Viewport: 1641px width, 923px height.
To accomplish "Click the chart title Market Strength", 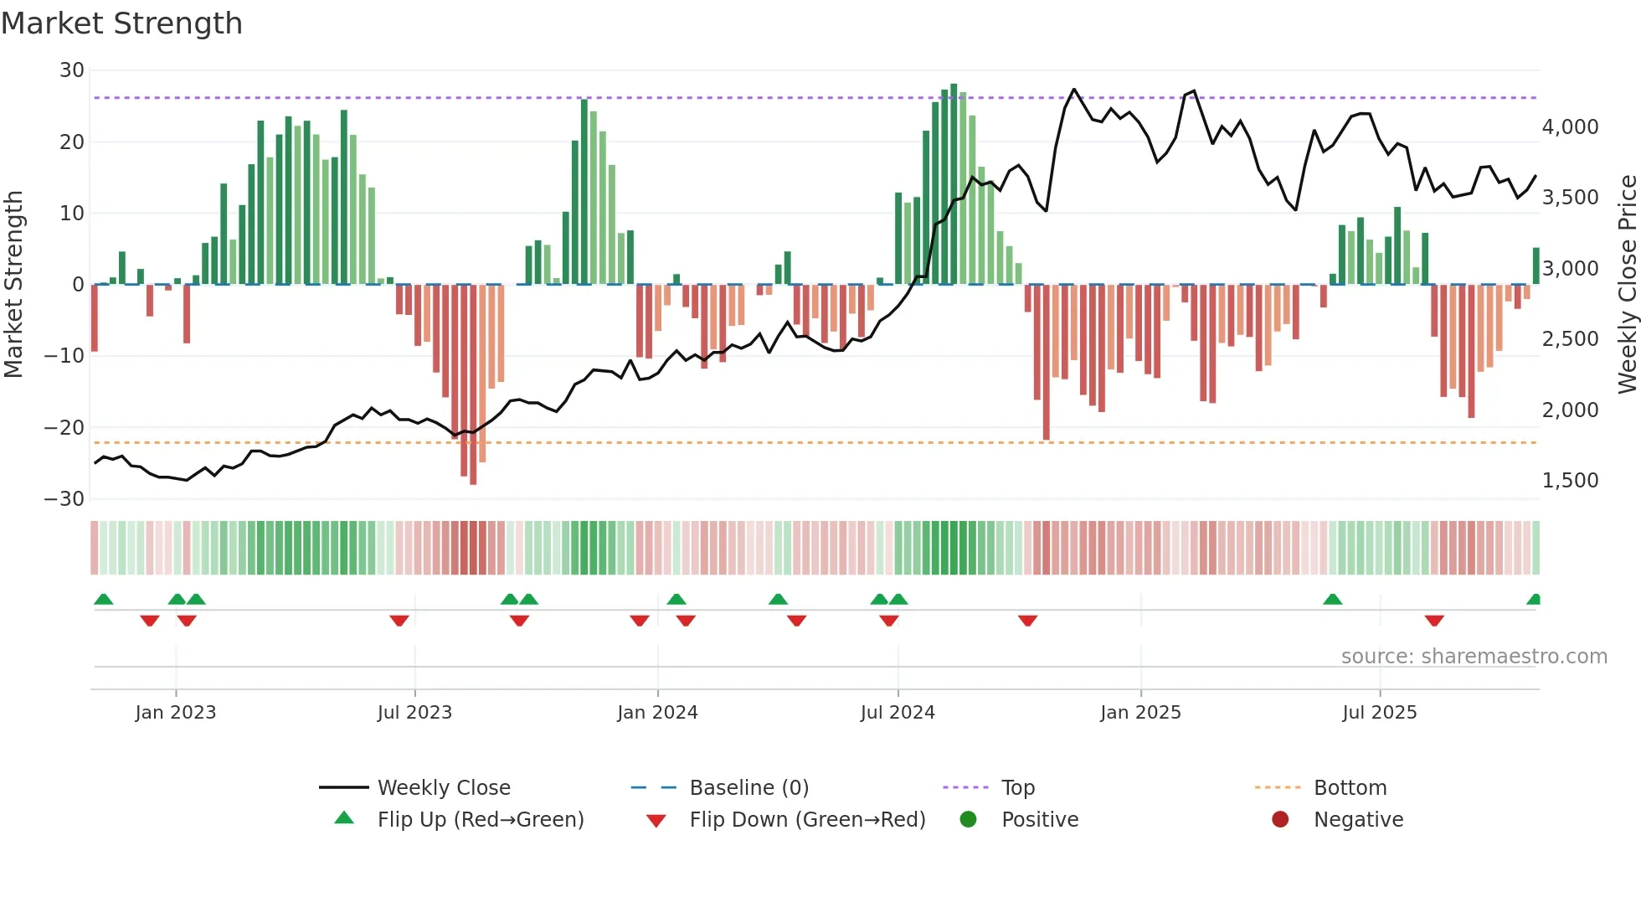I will point(121,23).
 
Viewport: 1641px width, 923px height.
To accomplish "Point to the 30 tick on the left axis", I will point(72,70).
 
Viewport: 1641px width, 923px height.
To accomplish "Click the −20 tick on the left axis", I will point(64,428).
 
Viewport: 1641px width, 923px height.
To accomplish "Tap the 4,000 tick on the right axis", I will point(1570,127).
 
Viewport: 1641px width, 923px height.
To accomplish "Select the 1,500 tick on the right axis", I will point(1570,481).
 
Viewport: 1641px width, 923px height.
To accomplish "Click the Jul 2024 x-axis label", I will point(898,713).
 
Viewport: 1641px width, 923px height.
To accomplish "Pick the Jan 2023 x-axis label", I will point(176,713).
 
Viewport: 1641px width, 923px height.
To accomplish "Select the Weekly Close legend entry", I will point(444,788).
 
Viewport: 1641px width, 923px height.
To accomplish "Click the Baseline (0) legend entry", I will point(748,788).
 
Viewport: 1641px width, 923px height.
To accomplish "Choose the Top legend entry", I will point(1018,788).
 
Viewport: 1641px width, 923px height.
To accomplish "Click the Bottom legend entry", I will point(1350,788).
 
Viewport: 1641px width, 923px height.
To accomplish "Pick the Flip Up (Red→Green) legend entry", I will point(480,820).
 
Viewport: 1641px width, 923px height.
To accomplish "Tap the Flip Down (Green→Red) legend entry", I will point(807,820).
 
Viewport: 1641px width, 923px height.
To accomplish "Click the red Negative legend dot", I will point(1280,820).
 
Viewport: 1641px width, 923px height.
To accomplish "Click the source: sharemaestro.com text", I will point(1474,657).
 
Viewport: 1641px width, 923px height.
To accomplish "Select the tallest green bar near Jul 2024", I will point(954,184).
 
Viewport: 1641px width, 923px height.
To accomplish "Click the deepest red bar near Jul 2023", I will point(473,385).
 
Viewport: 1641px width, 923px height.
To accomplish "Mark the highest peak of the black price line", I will point(1074,90).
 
